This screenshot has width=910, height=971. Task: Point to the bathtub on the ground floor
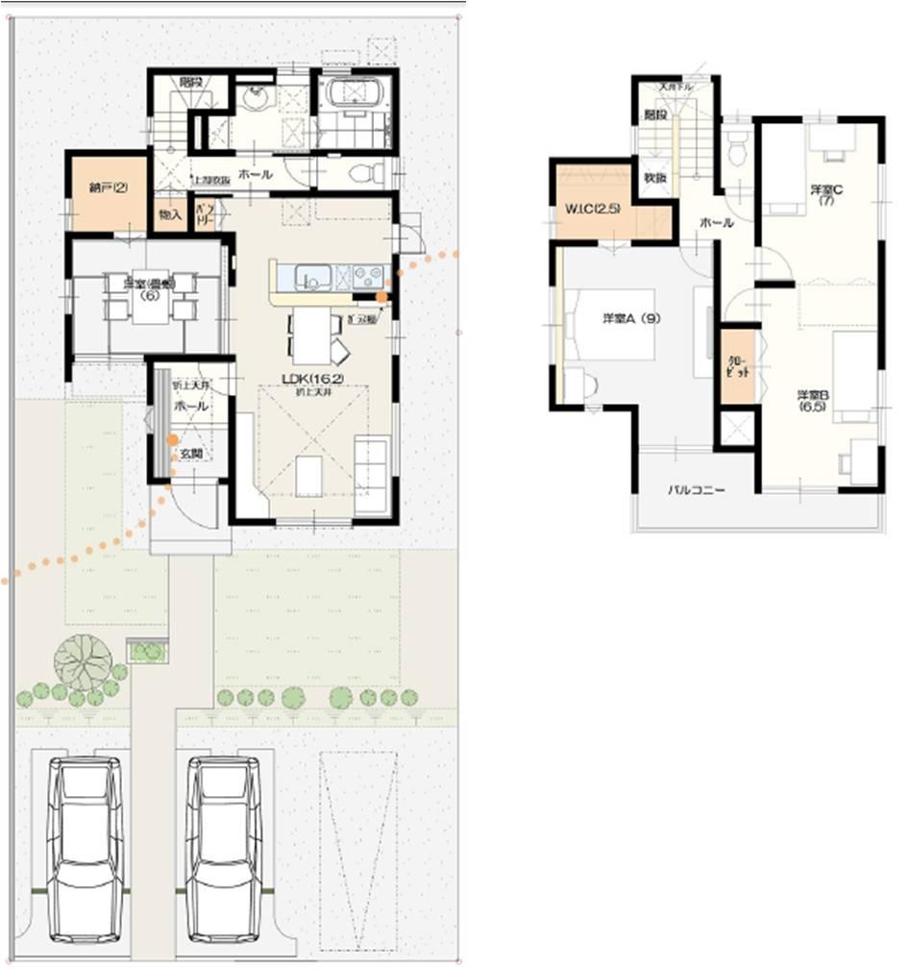click(x=357, y=95)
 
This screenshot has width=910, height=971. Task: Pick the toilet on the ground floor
click(x=365, y=174)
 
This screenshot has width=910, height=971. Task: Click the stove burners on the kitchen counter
click(x=368, y=277)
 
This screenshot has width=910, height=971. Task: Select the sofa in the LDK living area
click(x=372, y=474)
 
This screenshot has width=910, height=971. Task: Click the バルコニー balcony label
click(x=697, y=489)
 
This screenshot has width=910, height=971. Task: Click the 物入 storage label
click(x=170, y=215)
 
